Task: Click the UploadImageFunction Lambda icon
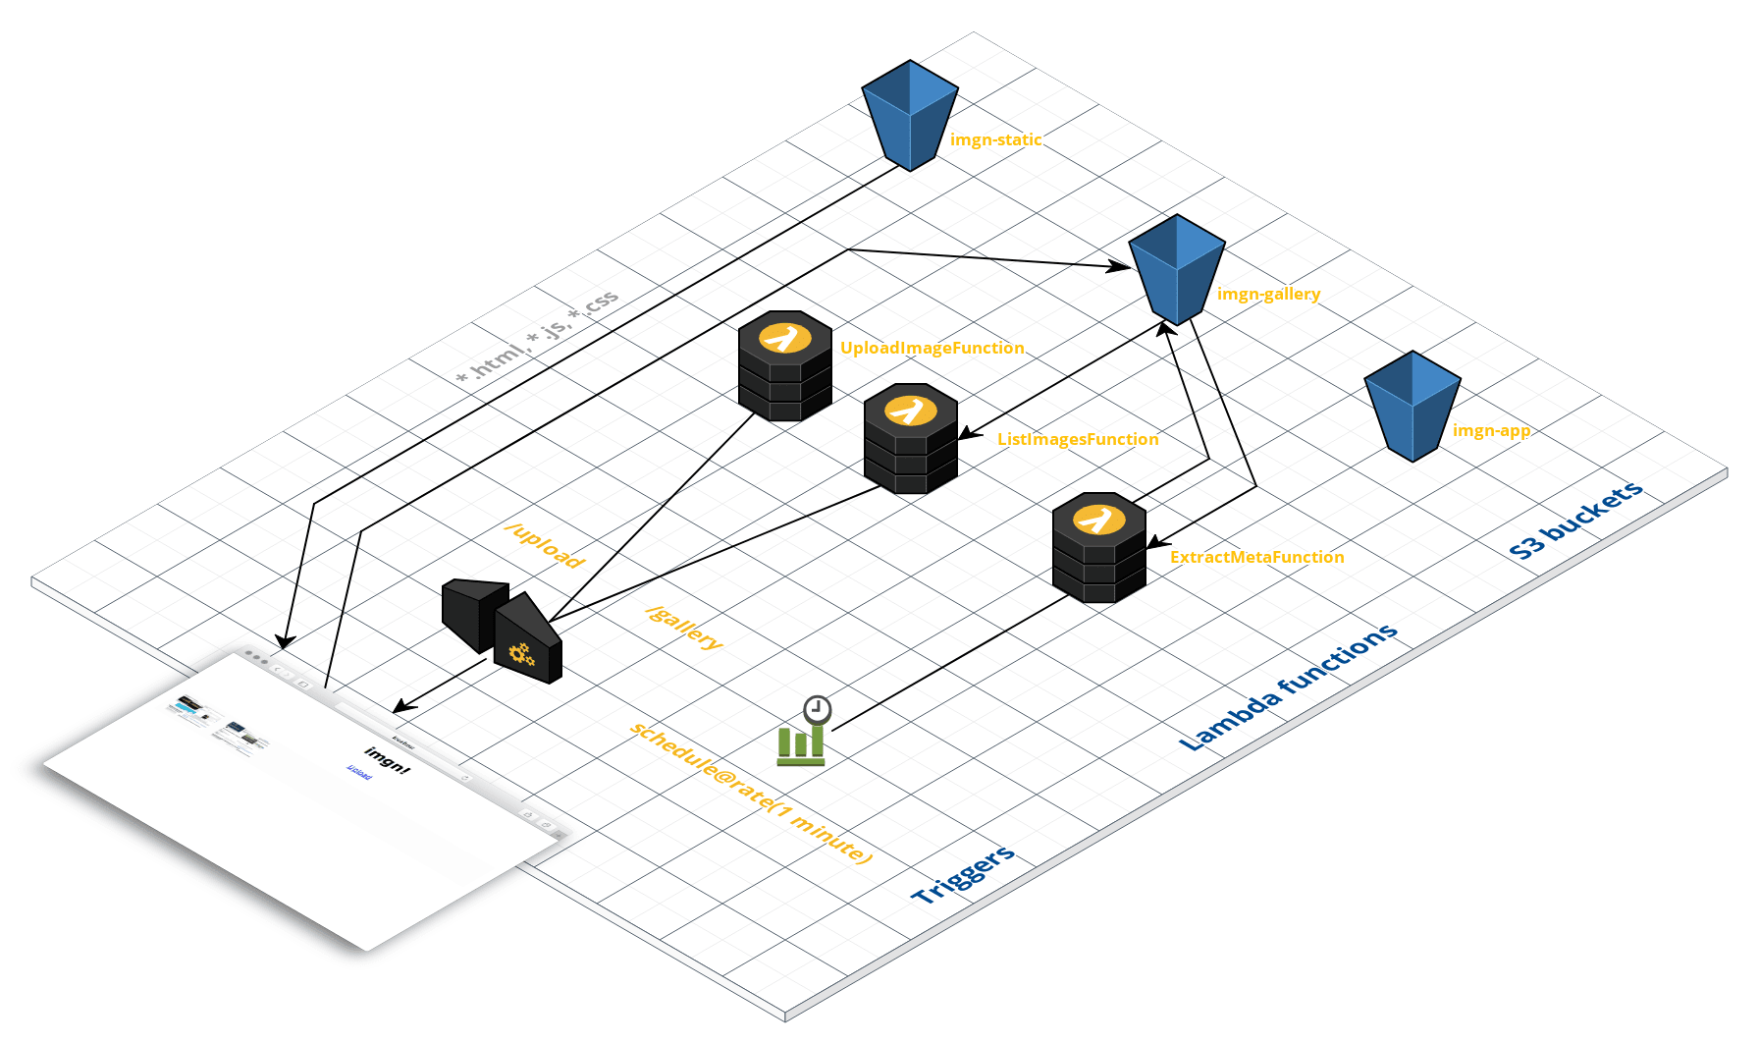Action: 785,365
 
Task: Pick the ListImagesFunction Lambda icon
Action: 911,438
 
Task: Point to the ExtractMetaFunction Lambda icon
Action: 1099,547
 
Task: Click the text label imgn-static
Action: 995,139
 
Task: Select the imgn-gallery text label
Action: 1268,294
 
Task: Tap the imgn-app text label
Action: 1491,430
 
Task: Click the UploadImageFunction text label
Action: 932,348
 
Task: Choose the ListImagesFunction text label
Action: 1078,439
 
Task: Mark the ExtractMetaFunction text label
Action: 1256,557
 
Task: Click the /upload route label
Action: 545,545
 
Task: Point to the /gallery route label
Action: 684,628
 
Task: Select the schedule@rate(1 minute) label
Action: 750,793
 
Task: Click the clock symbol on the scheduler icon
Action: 817,709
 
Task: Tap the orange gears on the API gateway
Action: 520,654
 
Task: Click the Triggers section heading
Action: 963,874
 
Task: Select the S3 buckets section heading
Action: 1575,521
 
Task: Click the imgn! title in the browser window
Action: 387,759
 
